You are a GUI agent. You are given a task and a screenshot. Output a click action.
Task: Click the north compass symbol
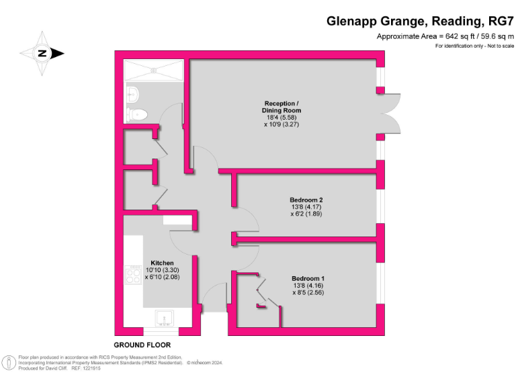point(42,53)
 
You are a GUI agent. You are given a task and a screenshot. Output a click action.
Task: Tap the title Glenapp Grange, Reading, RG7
point(420,21)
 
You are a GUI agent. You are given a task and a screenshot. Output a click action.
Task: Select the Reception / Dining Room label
point(282,107)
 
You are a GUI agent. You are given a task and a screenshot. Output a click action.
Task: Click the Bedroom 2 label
point(306,200)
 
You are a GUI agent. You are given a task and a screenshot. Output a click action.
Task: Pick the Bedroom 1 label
point(308,278)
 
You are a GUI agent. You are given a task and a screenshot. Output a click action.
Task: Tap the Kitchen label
point(162,263)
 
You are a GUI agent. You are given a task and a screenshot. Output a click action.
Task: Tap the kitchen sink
point(163,316)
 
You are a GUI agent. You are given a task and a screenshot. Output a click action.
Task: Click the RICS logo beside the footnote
point(9,363)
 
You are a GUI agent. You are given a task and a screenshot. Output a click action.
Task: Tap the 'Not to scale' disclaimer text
point(498,46)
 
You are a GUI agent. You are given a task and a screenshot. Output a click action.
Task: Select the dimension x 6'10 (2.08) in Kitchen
point(162,276)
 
